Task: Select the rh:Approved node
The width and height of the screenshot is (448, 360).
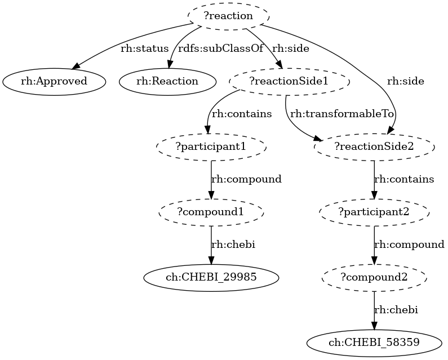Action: click(x=54, y=81)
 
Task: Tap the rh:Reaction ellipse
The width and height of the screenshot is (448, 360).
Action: click(x=167, y=81)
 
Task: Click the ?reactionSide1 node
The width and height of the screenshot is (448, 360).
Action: click(x=289, y=81)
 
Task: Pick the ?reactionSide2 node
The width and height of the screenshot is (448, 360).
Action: click(x=374, y=146)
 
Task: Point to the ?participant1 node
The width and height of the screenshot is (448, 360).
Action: click(x=211, y=146)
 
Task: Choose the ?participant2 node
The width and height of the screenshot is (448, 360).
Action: click(x=374, y=212)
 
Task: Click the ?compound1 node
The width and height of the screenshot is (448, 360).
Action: click(x=211, y=212)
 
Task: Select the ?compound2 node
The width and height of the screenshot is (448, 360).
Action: click(x=374, y=277)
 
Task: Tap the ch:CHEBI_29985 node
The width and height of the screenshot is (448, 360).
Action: click(x=211, y=277)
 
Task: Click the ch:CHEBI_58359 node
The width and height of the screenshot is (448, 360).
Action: click(x=374, y=342)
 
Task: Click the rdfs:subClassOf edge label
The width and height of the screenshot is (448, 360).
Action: click(x=220, y=48)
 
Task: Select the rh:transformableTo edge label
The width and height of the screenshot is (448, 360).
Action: click(x=341, y=114)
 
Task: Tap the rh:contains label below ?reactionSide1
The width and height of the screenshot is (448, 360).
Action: click(x=241, y=114)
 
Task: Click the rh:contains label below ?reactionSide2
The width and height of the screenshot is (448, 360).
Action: click(x=404, y=179)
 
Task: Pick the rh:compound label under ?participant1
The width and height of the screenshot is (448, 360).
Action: click(x=246, y=179)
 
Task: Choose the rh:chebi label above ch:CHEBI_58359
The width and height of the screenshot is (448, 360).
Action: click(x=397, y=310)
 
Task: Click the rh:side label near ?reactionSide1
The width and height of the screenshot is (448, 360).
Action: click(x=290, y=48)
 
